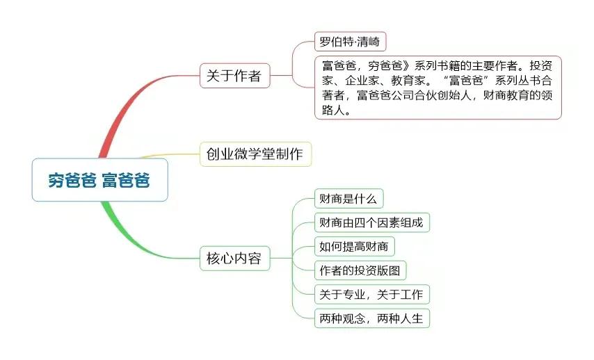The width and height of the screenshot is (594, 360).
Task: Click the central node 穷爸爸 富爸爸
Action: [99, 180]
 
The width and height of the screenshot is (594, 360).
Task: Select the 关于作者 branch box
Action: [234, 75]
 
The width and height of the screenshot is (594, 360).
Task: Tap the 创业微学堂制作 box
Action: [255, 154]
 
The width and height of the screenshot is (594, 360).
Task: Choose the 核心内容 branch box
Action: [234, 259]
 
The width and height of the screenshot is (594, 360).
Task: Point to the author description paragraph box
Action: [438, 88]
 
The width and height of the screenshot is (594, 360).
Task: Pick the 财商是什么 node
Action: [348, 199]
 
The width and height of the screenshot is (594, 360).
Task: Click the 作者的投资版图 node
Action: [360, 270]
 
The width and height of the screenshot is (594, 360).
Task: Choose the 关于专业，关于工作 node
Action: [371, 294]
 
